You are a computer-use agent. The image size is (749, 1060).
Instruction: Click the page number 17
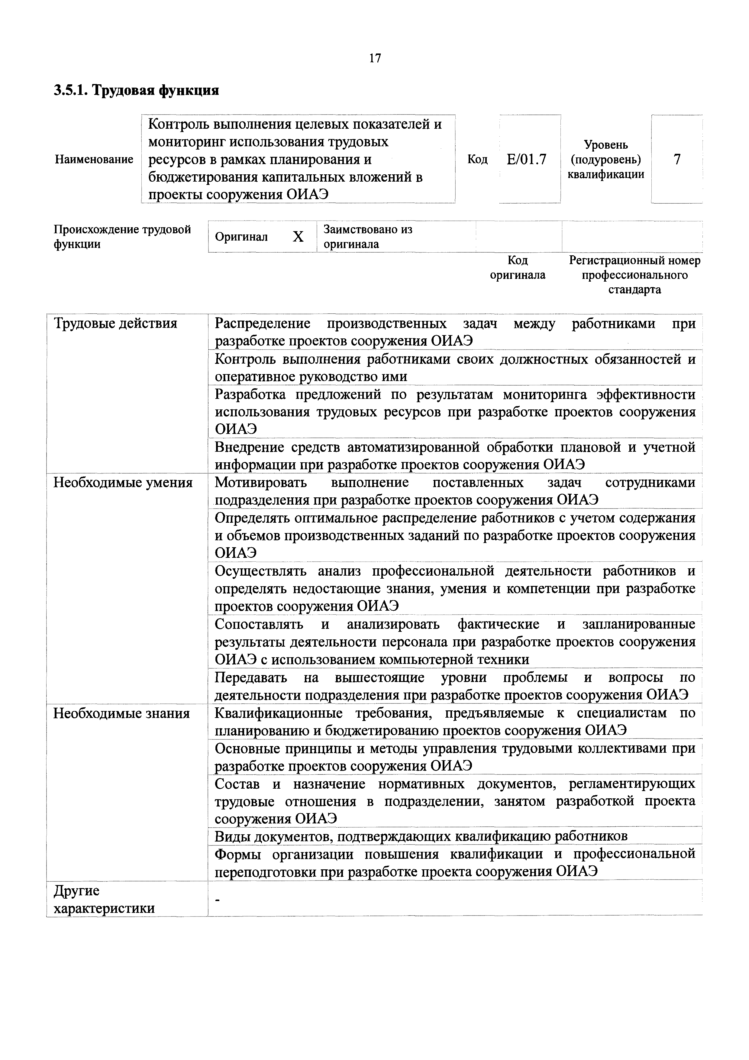[x=375, y=58]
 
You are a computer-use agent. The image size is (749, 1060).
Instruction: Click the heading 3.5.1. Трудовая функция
[x=137, y=90]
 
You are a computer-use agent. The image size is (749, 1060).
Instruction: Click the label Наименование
[x=94, y=160]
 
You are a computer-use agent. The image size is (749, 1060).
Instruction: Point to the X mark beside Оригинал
[x=298, y=237]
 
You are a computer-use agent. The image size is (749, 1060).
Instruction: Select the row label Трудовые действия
[x=115, y=323]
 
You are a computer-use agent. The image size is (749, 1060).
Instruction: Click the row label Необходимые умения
[x=123, y=483]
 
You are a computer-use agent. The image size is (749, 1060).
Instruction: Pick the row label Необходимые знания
[x=122, y=713]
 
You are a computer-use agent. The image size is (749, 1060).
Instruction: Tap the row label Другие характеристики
[x=104, y=900]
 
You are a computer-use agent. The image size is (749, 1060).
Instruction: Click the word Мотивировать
[x=261, y=483]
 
